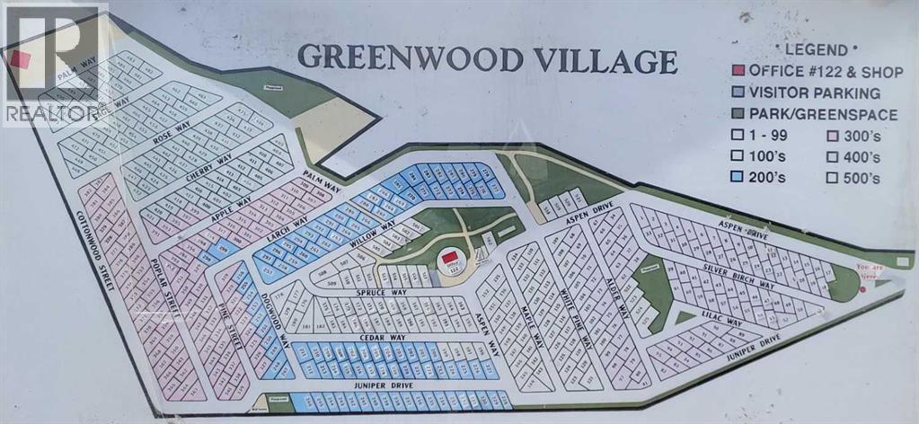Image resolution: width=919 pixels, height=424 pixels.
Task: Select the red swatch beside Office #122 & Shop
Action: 738,71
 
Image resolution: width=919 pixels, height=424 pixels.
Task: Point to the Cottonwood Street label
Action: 93,251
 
